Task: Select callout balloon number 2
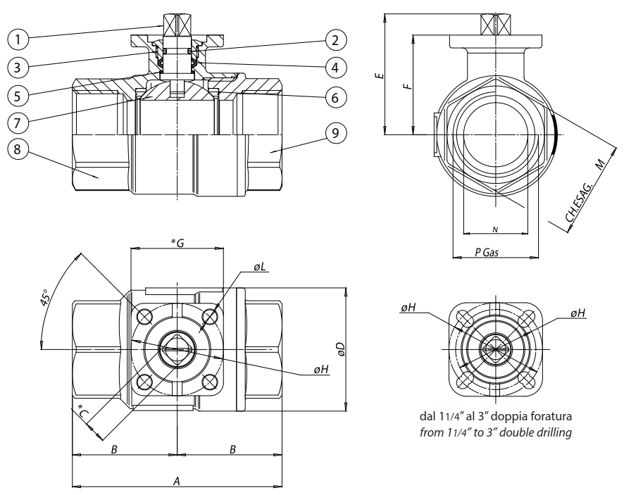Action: point(336,39)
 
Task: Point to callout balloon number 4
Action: point(336,68)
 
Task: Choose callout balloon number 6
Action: point(336,97)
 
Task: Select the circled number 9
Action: point(336,132)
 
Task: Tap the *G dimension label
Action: point(178,243)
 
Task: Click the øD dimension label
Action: point(340,349)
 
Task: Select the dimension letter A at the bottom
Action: point(177,481)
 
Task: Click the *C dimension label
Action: point(83,413)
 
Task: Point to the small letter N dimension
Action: point(495,230)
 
